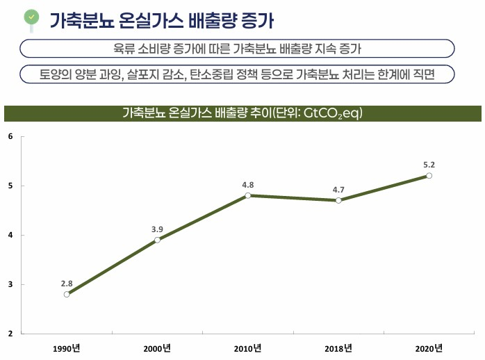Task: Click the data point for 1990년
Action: [67, 294]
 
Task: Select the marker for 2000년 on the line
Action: [157, 240]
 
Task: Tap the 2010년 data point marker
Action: [248, 195]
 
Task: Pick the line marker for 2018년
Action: [338, 200]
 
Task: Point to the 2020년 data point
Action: [429, 176]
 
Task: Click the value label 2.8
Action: [67, 283]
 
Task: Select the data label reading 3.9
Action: [157, 229]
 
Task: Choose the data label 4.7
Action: [338, 189]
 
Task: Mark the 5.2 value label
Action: [429, 165]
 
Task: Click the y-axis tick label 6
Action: [10, 136]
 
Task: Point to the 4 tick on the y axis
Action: [10, 235]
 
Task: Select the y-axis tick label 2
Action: [10, 334]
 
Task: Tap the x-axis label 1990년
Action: [67, 348]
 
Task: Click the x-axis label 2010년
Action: [248, 348]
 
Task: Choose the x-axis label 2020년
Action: [429, 348]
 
